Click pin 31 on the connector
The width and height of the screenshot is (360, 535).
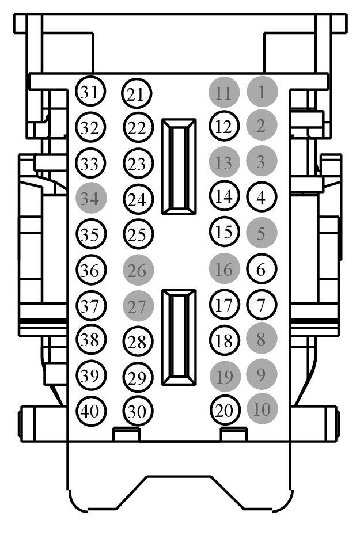point(90,92)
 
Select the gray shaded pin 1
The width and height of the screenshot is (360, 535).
point(262,92)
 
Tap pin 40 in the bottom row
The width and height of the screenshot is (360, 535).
point(90,410)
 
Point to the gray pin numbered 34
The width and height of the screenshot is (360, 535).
point(91,198)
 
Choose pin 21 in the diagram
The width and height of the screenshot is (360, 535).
point(137,93)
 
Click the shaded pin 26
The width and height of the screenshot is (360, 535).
point(138,270)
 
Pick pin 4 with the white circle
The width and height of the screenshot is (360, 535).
point(262,197)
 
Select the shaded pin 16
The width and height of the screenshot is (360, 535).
point(225,269)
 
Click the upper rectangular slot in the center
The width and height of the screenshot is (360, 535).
point(179,167)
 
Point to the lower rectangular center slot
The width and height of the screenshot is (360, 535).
point(179,337)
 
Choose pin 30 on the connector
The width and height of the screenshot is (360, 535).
point(138,411)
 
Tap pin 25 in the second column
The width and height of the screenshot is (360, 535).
point(138,234)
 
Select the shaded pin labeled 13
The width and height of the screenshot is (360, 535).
point(225,162)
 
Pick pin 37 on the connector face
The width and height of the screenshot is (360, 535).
point(91,305)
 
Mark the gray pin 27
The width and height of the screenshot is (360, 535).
point(138,306)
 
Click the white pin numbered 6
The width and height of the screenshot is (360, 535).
point(262,269)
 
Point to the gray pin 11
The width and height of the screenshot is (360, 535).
point(224,92)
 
